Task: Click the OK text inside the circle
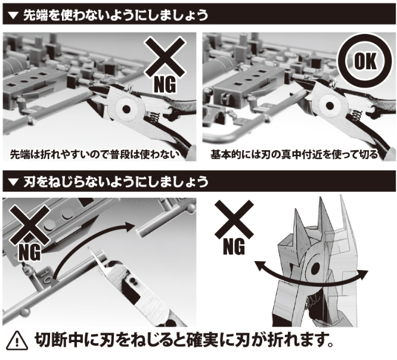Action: click(x=365, y=61)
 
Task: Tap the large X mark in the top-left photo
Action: click(x=165, y=57)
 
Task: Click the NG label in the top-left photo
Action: click(x=165, y=85)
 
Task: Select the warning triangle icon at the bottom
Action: click(x=17, y=340)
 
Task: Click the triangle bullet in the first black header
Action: click(x=13, y=15)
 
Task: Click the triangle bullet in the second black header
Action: click(x=13, y=182)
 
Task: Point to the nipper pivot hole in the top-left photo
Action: click(x=126, y=109)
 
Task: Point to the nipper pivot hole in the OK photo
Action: click(x=330, y=105)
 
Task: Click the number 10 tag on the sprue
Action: click(x=47, y=277)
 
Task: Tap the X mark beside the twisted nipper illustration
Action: click(x=234, y=219)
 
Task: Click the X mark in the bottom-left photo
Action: click(x=30, y=225)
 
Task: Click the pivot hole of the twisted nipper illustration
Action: click(x=315, y=269)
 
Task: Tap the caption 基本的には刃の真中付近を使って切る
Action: click(x=294, y=154)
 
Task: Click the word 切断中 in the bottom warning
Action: click(x=60, y=340)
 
